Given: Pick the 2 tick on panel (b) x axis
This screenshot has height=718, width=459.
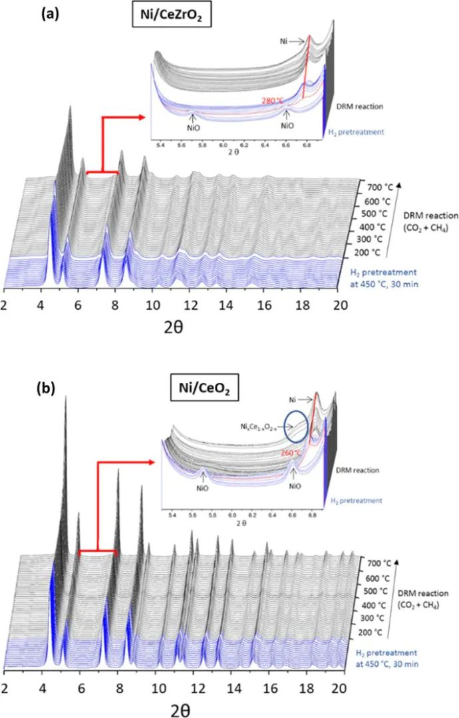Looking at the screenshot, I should [x=5, y=685].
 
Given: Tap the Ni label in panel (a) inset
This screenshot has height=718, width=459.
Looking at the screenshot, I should [x=284, y=41].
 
